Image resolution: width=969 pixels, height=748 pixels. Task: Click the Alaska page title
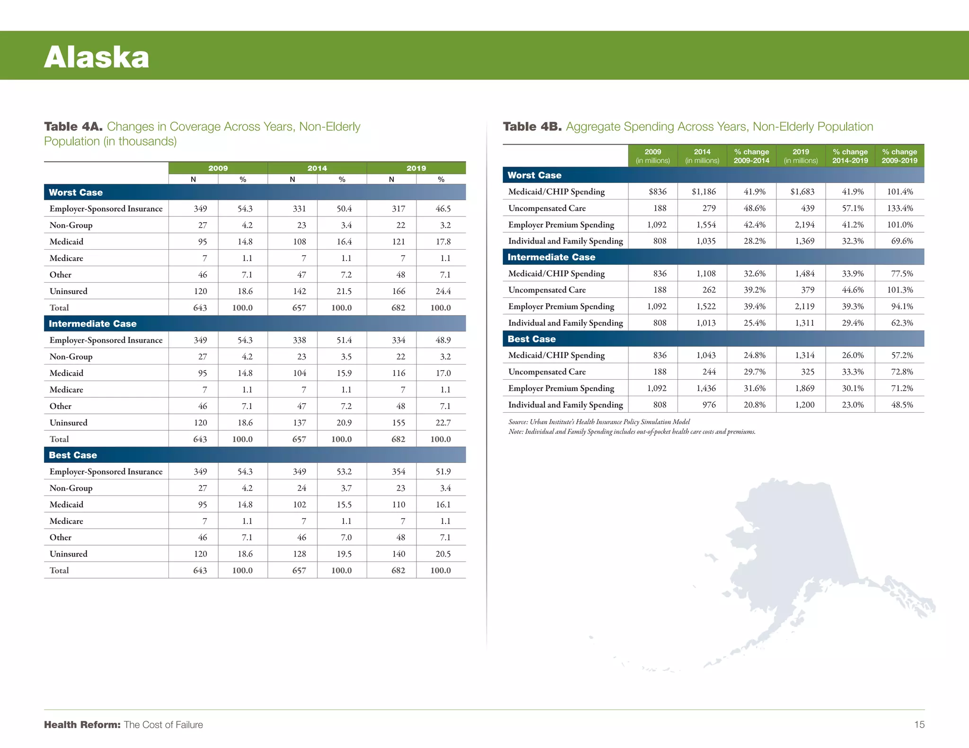pyautogui.click(x=97, y=57)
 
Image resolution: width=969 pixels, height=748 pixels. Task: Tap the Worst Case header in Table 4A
pyautogui.click(x=76, y=192)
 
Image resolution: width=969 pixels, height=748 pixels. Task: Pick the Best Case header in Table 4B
pyautogui.click(x=531, y=339)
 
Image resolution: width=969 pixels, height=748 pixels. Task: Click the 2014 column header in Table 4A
pyautogui.click(x=317, y=168)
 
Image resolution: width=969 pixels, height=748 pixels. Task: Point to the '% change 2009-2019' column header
pyautogui.click(x=899, y=156)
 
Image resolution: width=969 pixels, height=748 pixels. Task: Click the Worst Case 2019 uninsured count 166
pyautogui.click(x=398, y=291)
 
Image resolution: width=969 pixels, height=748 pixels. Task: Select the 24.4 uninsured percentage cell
pyautogui.click(x=443, y=291)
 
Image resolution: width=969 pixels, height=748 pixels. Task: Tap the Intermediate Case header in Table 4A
pyautogui.click(x=93, y=324)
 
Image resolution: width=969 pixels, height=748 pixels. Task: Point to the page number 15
pyautogui.click(x=919, y=724)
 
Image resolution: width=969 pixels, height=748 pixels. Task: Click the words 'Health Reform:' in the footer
pyautogui.click(x=82, y=725)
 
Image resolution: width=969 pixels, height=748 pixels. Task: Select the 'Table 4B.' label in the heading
pyautogui.click(x=532, y=127)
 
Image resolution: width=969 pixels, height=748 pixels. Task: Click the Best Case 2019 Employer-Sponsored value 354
pyautogui.click(x=398, y=471)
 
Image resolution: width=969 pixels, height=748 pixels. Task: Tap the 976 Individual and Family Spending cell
pyautogui.click(x=709, y=405)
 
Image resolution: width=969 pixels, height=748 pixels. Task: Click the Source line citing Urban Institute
pyautogui.click(x=599, y=422)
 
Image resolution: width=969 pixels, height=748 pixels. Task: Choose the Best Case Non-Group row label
pyautogui.click(x=71, y=488)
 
